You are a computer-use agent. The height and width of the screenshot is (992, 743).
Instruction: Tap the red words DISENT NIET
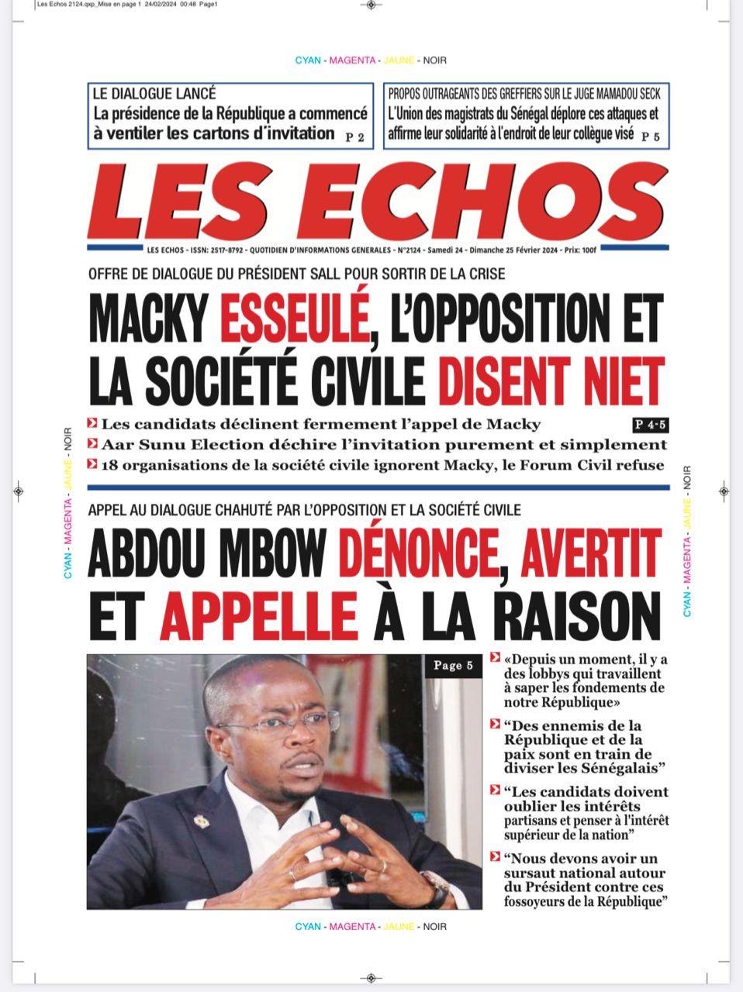click(551, 381)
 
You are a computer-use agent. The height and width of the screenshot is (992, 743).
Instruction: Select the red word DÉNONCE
click(419, 554)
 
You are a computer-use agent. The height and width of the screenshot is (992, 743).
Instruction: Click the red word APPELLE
click(258, 616)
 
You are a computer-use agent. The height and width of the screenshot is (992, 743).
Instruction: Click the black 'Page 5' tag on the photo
click(453, 666)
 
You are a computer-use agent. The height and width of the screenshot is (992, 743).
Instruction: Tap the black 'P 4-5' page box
click(650, 425)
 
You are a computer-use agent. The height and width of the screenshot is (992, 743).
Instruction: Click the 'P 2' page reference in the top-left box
click(354, 138)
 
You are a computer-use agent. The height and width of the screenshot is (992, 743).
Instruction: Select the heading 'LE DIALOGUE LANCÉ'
click(154, 94)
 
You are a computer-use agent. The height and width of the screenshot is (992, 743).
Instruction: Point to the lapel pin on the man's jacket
click(201, 821)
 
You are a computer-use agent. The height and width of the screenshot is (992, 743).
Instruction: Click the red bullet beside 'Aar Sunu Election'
click(93, 444)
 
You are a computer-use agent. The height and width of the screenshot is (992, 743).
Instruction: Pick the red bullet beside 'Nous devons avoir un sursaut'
click(495, 857)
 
